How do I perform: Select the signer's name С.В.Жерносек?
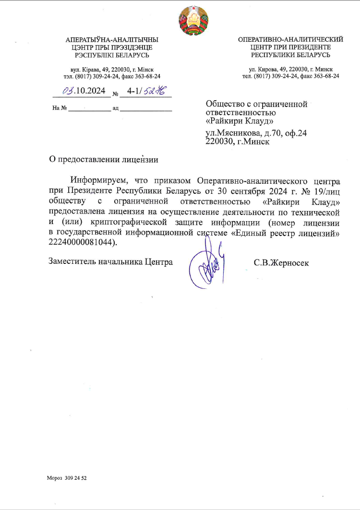coord(281,262)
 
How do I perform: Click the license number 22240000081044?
coord(82,243)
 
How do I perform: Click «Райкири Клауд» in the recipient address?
coord(240,120)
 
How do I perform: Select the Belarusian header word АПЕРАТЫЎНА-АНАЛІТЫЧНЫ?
coord(111,40)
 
